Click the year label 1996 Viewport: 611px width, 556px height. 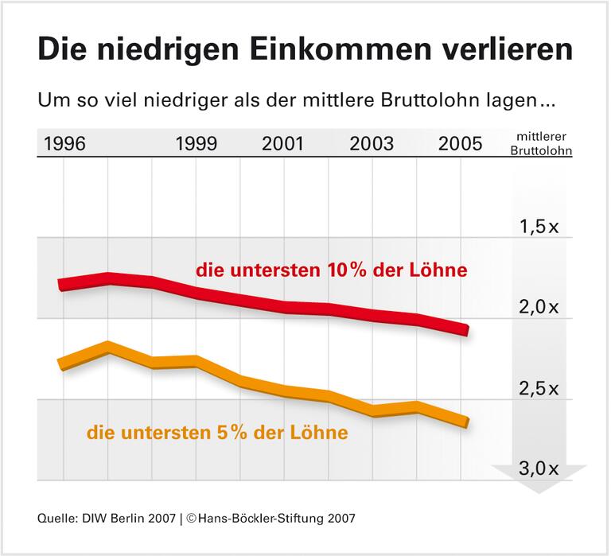65,144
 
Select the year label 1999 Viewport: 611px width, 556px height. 196,144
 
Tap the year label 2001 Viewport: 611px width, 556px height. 282,144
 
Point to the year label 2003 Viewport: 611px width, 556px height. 372,144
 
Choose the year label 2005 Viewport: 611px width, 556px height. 460,144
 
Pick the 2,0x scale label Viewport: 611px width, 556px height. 539,307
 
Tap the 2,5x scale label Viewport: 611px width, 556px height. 539,389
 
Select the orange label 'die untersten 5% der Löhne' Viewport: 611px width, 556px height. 217,433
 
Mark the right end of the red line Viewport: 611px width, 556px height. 465,329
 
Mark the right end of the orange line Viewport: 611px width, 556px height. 465,422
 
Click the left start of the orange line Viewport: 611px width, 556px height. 60,364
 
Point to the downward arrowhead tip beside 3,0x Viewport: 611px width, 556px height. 539,492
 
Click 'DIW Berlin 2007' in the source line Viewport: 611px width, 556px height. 128,518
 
